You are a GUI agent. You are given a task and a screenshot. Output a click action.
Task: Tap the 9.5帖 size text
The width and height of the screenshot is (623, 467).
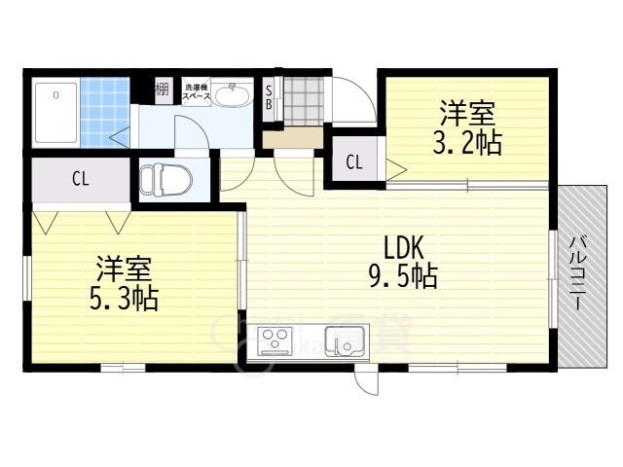[x=401, y=277]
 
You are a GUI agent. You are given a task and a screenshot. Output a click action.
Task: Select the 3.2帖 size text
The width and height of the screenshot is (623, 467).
[x=467, y=143]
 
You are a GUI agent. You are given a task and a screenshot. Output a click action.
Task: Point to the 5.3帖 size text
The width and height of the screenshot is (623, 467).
[x=125, y=297]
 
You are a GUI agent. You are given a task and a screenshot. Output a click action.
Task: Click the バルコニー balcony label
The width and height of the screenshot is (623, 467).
[x=577, y=272]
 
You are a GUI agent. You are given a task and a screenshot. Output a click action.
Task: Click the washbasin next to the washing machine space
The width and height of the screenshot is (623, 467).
[x=231, y=95]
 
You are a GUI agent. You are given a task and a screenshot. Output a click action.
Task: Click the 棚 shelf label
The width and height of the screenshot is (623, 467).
[x=162, y=91]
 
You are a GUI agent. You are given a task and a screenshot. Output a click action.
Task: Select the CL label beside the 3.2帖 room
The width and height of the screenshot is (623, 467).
[x=353, y=162]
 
